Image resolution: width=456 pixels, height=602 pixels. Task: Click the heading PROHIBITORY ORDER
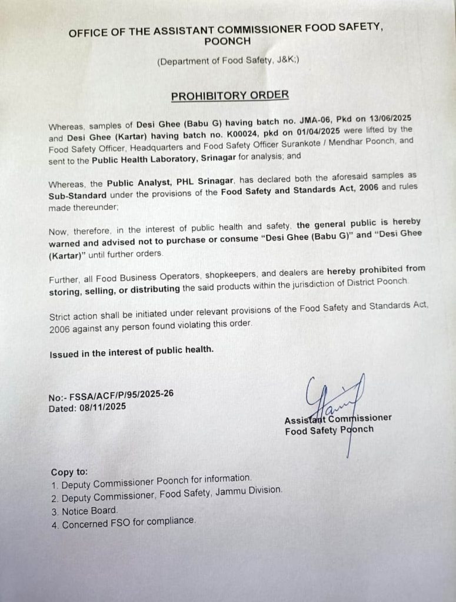229,95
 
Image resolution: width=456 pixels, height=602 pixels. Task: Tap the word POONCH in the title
227,42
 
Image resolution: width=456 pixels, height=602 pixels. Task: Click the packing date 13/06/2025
385,118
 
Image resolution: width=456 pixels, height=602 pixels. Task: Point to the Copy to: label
69,471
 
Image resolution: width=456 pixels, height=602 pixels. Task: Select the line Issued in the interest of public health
132,352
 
